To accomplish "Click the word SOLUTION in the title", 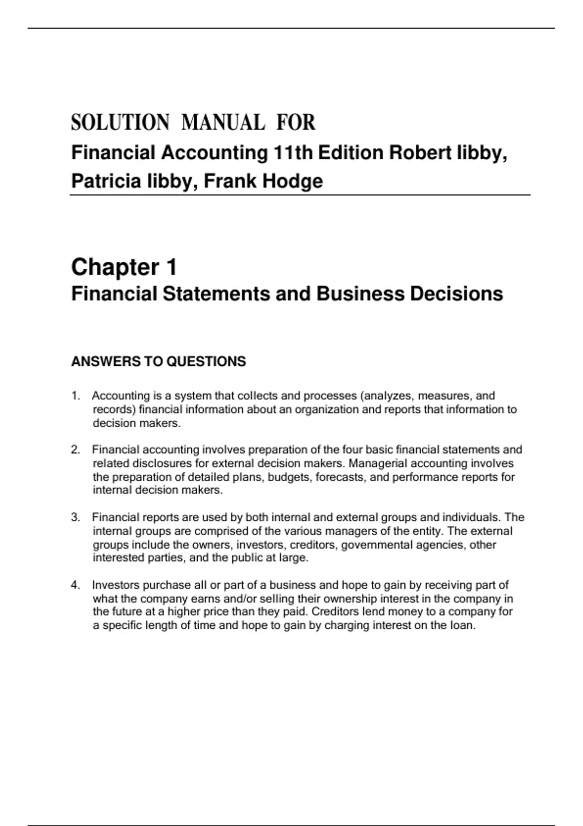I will [120, 122].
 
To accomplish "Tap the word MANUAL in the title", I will [223, 122].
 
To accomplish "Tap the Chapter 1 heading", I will [124, 267].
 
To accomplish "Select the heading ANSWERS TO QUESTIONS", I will [158, 361].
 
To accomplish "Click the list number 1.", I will [75, 396].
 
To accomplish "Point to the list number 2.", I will [75, 450].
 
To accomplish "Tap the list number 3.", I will [75, 517].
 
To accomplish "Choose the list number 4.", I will [75, 585].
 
